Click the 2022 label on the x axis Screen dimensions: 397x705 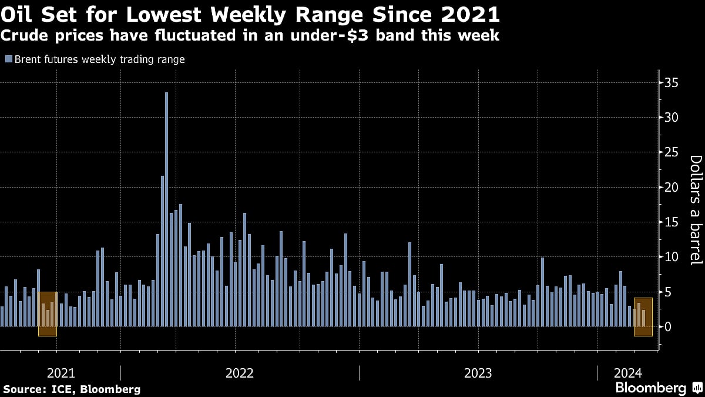click(239, 373)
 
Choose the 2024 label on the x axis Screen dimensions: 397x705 click(628, 373)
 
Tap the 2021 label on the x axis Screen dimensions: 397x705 click(61, 373)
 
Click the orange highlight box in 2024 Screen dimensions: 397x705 click(643, 317)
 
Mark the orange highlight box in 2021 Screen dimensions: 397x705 click(48, 313)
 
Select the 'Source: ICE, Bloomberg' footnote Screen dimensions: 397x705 click(71, 389)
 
